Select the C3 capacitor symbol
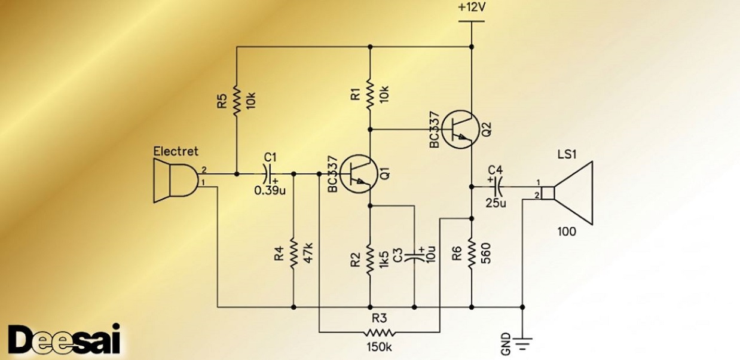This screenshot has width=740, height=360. (x=414, y=257)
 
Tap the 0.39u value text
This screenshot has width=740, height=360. (x=270, y=190)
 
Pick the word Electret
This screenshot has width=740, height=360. (x=175, y=151)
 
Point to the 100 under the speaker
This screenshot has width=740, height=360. (x=567, y=231)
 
